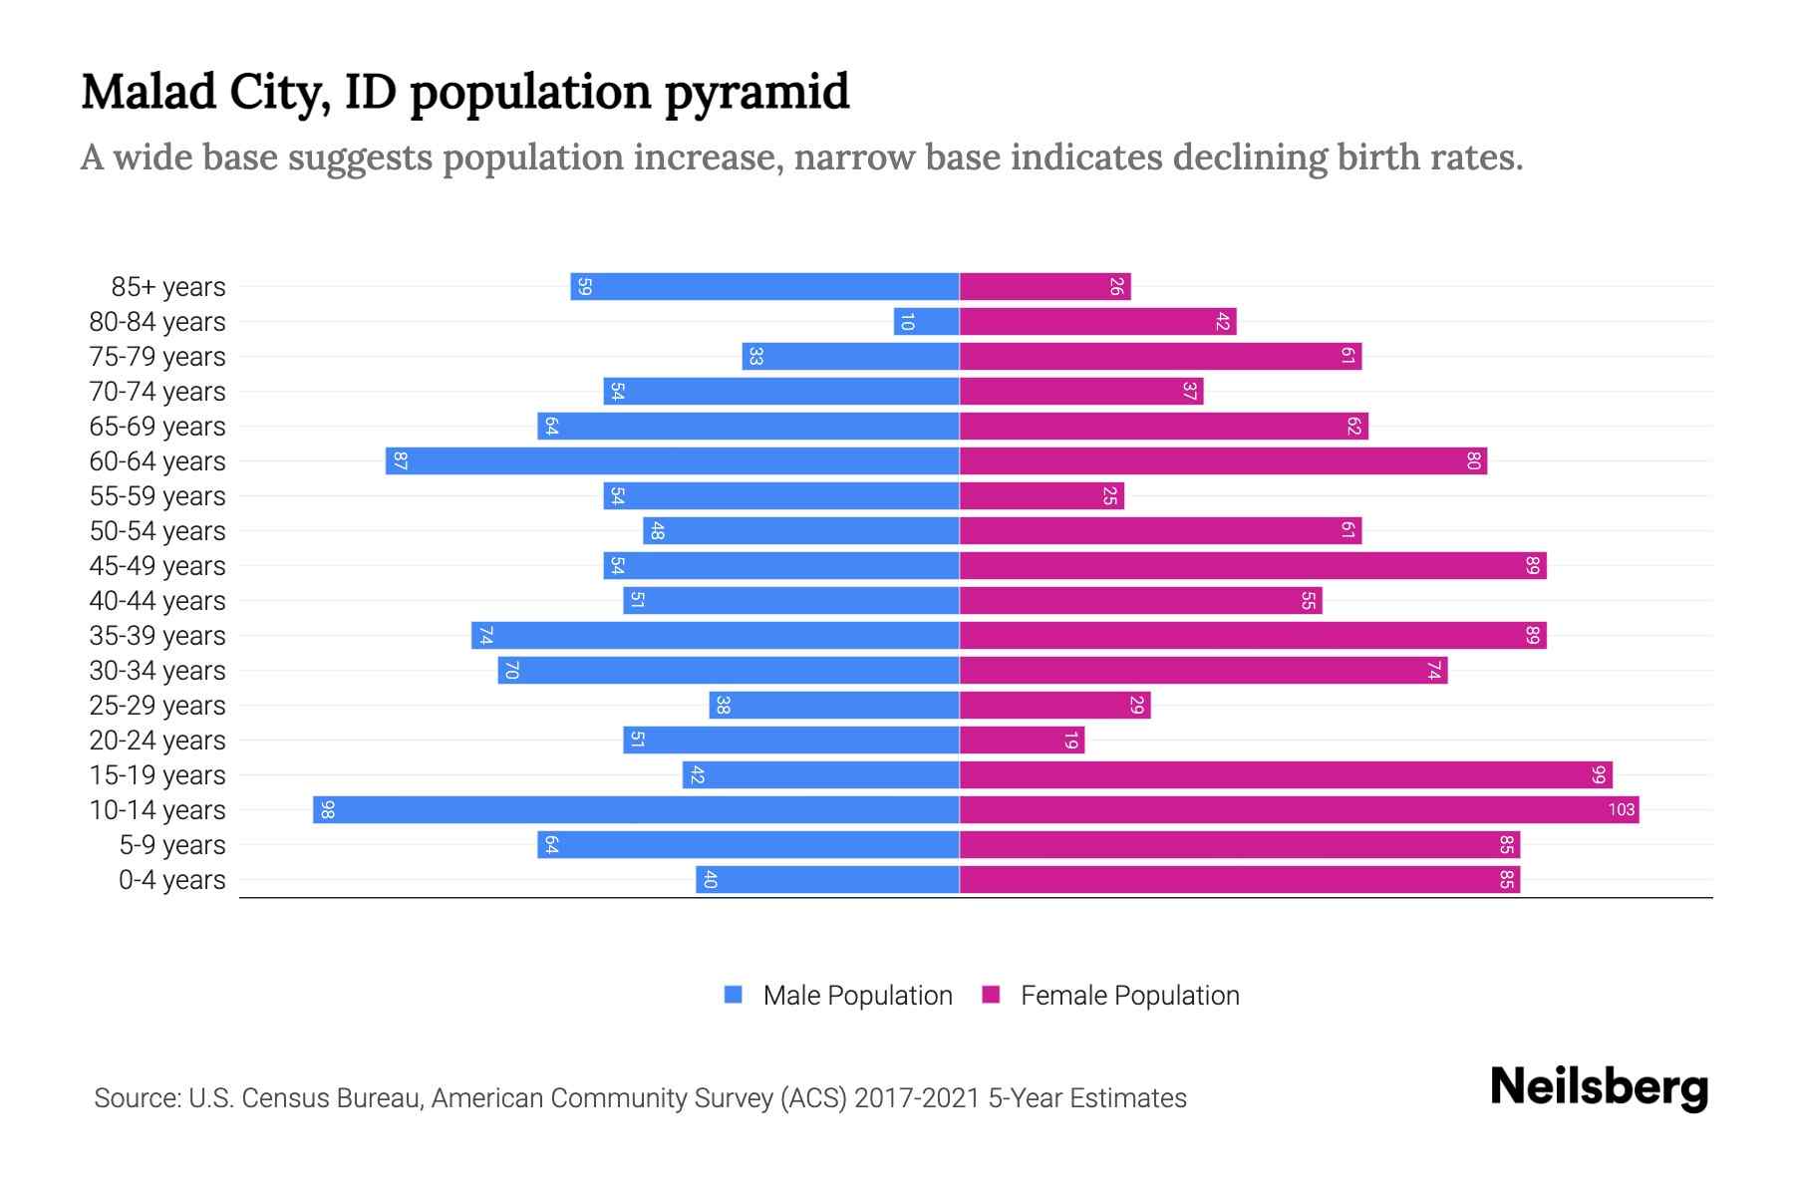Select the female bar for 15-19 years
pos(1286,774)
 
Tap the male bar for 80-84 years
pos(927,321)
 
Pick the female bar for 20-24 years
pos(1022,740)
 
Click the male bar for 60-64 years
pos(673,460)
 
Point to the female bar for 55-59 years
pos(1042,495)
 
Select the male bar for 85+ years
pos(764,286)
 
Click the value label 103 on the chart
pos(1622,809)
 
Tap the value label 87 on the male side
pos(400,460)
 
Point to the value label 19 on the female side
pos(1070,740)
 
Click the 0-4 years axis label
pos(171,880)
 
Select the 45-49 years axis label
pos(157,566)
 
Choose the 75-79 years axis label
pos(157,357)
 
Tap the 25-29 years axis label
pos(157,706)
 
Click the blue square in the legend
pos(734,995)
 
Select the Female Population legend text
pos(1129,995)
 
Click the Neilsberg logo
pos(1599,1087)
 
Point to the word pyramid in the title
pos(757,93)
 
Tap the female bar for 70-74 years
pos(1081,391)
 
